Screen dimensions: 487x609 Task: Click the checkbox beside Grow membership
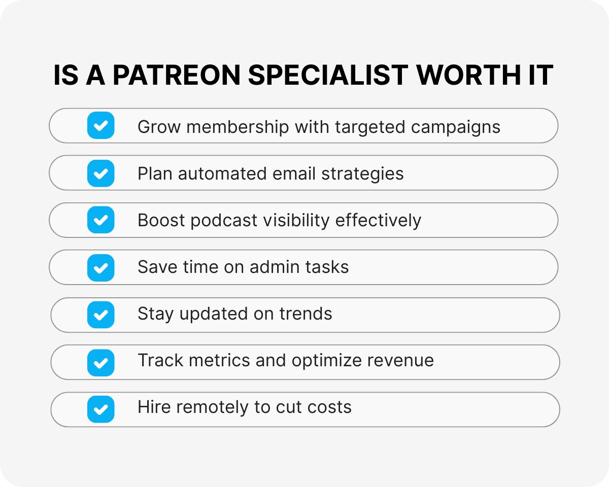(x=101, y=125)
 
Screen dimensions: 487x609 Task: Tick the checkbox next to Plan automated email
(x=101, y=173)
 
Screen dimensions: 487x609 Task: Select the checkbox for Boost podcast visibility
(x=101, y=220)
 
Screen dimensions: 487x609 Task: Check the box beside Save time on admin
(x=101, y=267)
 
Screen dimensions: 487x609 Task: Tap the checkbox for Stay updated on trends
(x=101, y=315)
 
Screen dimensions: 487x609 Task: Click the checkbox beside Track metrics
(x=101, y=362)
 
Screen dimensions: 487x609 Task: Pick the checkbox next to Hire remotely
(x=101, y=409)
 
